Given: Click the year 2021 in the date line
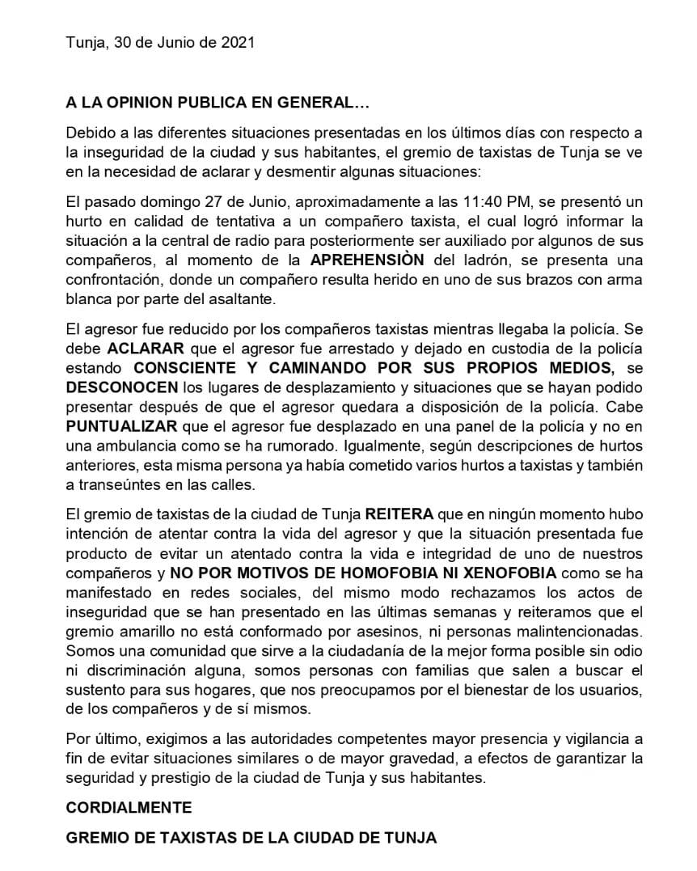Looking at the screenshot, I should (x=239, y=43).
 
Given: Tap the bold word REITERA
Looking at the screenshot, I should (x=400, y=515).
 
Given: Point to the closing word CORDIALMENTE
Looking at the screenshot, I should (x=129, y=808).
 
